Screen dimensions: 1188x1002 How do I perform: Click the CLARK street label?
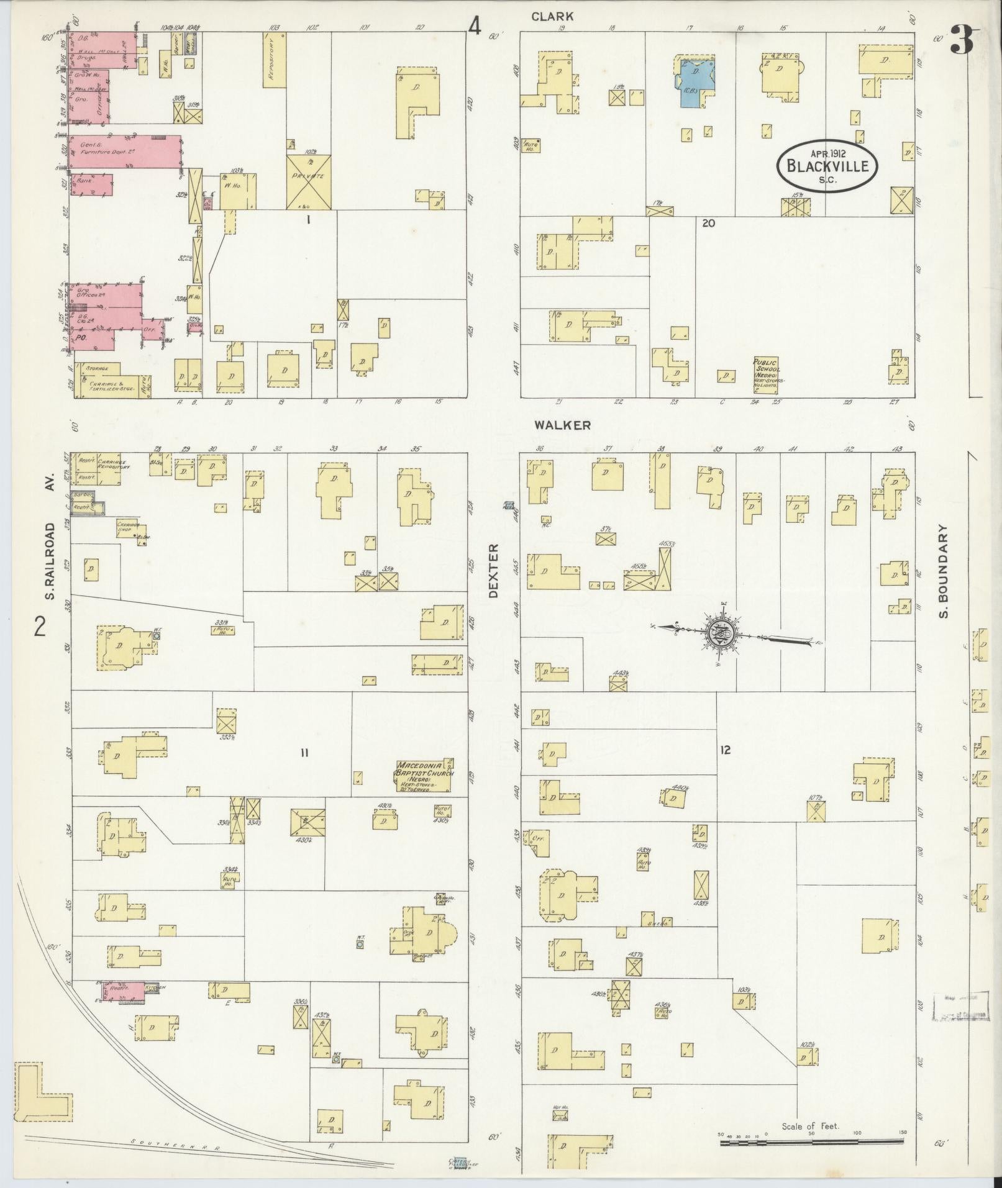552,17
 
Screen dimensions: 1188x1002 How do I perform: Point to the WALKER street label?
561,425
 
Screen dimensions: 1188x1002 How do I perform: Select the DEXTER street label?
494,571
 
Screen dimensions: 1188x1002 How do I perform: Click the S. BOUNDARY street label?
944,572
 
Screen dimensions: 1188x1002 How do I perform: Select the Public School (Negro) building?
766,376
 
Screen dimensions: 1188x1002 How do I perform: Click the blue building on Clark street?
694,81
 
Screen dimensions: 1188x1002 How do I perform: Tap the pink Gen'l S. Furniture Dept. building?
124,152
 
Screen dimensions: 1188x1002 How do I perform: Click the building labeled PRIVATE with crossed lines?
308,182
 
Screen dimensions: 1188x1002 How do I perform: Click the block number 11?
304,753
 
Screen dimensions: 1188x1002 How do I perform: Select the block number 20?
708,223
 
